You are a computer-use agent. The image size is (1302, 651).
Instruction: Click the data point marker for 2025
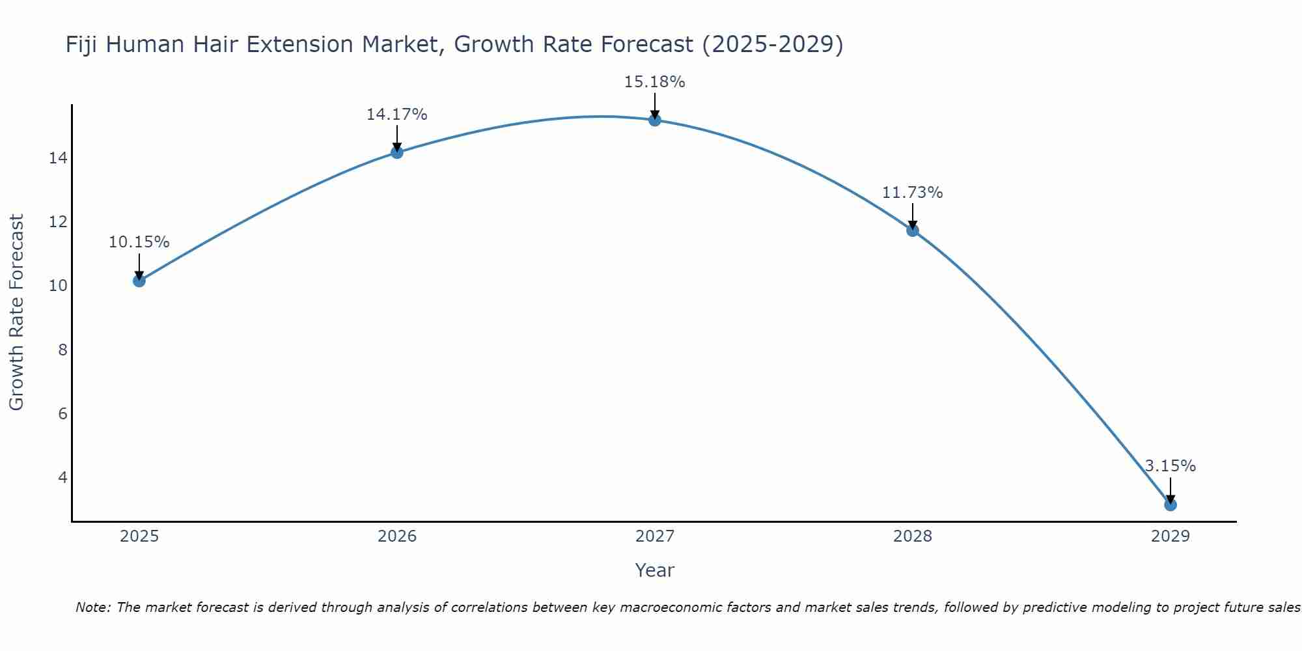139,281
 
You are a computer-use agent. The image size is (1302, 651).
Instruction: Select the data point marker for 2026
396,152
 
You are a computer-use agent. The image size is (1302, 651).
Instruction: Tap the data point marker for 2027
654,120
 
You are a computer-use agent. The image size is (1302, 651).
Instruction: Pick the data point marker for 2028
912,230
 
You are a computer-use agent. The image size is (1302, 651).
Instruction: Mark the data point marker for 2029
1170,505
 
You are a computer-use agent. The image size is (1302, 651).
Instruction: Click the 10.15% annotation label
139,242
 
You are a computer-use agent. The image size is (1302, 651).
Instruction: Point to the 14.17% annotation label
396,115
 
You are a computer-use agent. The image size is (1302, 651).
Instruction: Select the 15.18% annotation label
654,82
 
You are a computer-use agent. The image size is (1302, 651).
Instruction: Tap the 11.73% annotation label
912,193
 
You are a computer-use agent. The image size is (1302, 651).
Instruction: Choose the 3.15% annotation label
1170,466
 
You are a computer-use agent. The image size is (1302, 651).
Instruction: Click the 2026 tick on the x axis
397,536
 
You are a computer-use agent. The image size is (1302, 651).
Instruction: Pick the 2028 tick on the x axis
912,536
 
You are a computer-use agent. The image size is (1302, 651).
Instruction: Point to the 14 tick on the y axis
58,158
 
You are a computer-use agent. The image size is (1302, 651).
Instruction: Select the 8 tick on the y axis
62,350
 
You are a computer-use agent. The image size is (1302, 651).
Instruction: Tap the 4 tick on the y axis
62,478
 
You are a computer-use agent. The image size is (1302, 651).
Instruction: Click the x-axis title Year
654,570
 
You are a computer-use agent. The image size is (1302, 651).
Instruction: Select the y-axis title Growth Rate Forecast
16,312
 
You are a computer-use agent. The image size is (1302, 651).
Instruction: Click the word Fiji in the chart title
82,45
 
